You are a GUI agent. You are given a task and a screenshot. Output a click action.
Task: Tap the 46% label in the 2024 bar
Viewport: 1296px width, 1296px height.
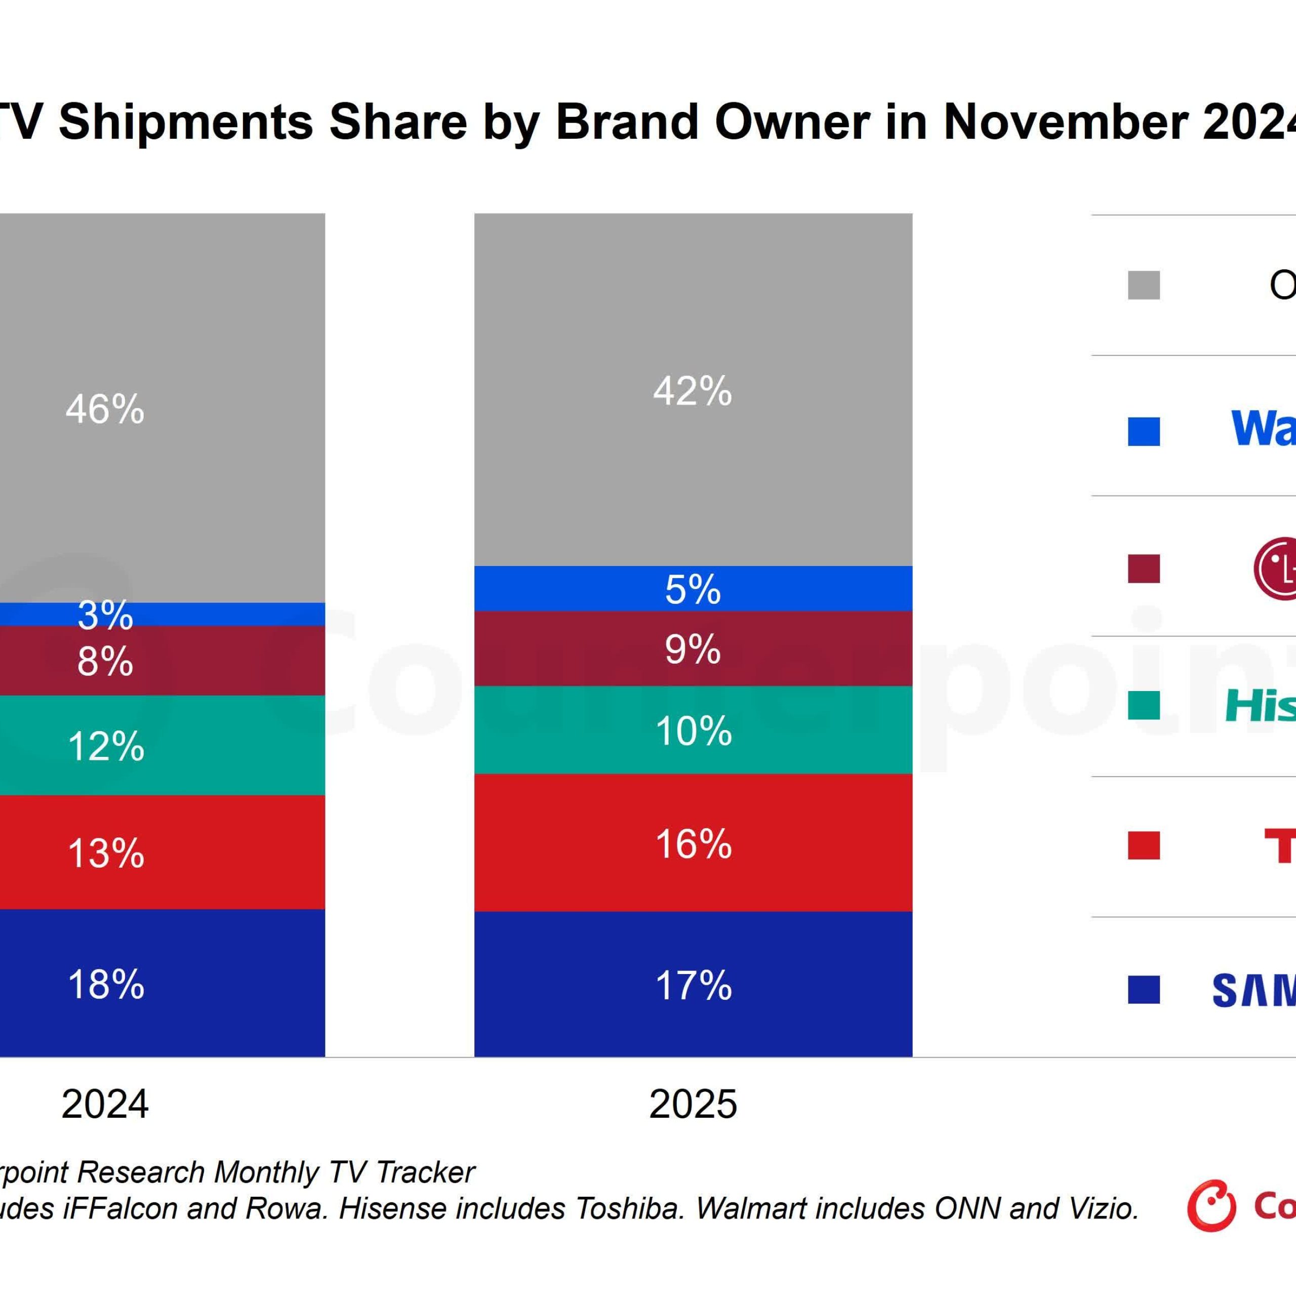(105, 409)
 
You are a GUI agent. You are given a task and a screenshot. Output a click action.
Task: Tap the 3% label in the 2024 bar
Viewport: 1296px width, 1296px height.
(105, 615)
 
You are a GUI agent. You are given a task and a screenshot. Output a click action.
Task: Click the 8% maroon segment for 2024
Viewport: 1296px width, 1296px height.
(105, 661)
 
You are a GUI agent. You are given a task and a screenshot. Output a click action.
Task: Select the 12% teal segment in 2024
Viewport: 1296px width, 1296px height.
(105, 746)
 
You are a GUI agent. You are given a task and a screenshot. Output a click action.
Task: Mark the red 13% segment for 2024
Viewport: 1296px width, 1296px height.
(105, 853)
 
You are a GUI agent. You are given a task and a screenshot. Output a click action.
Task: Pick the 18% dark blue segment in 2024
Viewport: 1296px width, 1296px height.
(105, 984)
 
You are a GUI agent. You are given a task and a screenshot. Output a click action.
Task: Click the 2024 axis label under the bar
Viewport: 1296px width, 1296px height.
(105, 1104)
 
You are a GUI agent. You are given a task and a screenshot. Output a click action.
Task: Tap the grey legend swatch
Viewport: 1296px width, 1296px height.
(1143, 285)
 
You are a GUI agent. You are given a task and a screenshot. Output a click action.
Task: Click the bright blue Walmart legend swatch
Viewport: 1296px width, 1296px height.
(1143, 431)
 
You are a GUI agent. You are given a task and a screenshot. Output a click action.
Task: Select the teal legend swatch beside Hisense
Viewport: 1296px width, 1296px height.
(1143, 706)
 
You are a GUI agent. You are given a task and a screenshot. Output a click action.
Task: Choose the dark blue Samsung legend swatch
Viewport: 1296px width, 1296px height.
(1143, 989)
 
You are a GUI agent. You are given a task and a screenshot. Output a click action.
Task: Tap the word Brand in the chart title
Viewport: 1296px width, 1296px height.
(627, 122)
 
